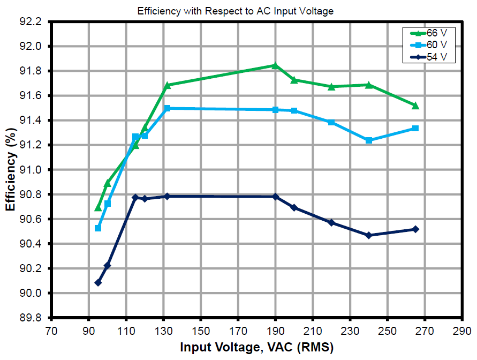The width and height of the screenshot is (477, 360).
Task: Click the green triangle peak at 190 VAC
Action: coord(275,65)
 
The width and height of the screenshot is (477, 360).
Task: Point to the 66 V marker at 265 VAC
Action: coord(415,106)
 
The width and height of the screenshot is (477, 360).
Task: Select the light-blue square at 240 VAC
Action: coord(368,140)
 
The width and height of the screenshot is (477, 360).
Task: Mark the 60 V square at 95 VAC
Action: coord(98,228)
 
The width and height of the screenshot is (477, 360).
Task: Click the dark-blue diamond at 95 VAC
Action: coord(98,282)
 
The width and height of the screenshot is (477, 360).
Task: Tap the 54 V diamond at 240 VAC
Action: coord(368,235)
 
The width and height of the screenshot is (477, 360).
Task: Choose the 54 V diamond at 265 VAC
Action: coord(415,229)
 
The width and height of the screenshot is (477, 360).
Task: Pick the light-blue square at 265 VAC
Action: coord(415,129)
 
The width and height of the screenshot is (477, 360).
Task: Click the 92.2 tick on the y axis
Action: coord(31,22)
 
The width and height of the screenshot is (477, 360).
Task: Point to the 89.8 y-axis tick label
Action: coord(31,318)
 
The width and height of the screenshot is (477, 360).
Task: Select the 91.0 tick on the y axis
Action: coord(31,170)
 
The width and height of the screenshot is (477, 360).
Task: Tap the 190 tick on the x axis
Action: coord(275,330)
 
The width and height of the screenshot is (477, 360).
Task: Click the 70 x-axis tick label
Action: coord(51,330)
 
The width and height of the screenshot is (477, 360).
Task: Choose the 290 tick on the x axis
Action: coord(461,330)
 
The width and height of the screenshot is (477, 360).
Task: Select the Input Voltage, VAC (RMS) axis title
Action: coord(256,348)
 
